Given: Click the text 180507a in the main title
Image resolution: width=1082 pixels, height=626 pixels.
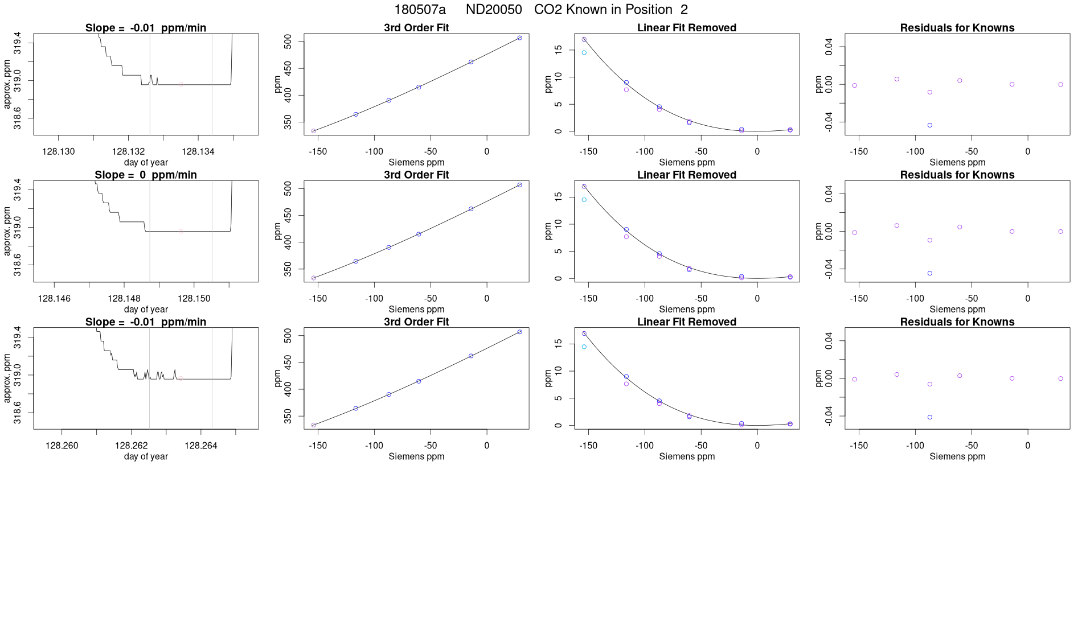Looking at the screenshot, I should (420, 10).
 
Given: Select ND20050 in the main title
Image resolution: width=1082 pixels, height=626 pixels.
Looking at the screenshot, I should (494, 10).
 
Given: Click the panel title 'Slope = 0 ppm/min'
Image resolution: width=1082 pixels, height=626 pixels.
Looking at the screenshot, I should (146, 175).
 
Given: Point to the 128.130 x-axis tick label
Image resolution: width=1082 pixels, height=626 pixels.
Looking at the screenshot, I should (59, 151).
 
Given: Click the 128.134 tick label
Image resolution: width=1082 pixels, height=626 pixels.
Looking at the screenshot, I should (198, 151).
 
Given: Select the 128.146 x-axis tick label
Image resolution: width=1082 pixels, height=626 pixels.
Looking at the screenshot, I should (54, 298).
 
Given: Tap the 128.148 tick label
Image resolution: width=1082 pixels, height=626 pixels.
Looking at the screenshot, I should (124, 298).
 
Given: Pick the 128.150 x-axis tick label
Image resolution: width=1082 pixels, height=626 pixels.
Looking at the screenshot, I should (194, 298).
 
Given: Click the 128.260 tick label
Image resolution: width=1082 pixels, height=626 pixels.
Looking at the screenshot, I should (62, 446).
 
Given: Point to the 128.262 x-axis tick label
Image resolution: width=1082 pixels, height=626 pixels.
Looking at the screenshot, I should (132, 446).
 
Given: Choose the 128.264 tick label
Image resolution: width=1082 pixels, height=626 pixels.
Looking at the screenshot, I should (201, 446).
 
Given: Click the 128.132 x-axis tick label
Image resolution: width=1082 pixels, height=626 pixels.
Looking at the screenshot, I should (129, 151).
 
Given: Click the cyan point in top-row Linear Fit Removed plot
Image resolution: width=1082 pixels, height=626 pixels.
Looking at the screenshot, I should (584, 53).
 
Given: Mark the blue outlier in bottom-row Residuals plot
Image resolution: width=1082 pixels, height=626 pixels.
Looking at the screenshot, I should (930, 417).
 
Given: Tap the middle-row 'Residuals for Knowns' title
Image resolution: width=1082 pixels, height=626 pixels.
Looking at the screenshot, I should (957, 175).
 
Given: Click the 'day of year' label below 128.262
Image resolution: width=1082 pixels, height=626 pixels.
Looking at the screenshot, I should (146, 456).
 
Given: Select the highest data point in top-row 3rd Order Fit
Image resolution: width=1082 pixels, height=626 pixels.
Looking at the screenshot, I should (519, 38).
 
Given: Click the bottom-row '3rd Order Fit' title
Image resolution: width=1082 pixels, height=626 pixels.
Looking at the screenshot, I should (416, 322).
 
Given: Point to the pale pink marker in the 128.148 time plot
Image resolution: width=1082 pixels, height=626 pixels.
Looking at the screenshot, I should (181, 231).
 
